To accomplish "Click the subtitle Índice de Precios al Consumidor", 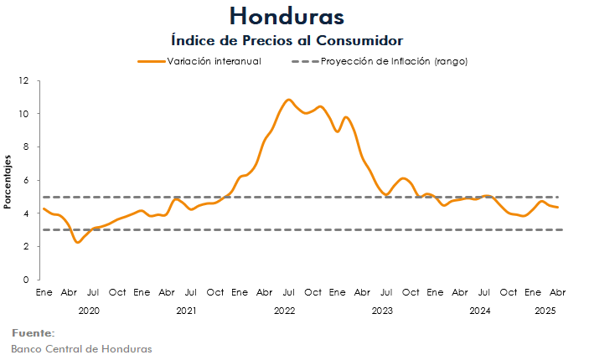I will click(287, 40).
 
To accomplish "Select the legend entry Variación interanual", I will click(214, 62).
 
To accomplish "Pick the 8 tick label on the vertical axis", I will click(27, 147).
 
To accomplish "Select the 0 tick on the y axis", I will click(27, 280).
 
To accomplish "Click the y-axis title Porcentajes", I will click(8, 181).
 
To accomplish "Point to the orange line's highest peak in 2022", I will click(288, 100).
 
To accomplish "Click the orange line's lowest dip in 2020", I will click(77, 242).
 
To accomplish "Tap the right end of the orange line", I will click(558, 207).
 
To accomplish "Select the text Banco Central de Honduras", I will click(81, 348).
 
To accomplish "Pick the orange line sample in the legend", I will click(151, 62).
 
